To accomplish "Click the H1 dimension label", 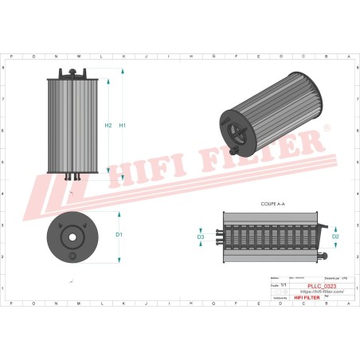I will [x=122, y=126].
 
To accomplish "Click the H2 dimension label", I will [x=108, y=126].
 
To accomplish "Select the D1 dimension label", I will [x=119, y=235].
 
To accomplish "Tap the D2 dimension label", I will [x=335, y=237].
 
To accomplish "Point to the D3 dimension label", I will [x=201, y=237].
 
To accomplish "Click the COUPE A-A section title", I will [x=272, y=205].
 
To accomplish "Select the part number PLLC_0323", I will [x=309, y=284].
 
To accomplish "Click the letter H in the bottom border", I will [x=191, y=303].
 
